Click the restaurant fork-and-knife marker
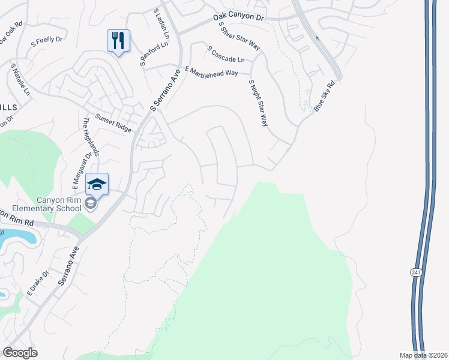click(118, 41)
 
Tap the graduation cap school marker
click(97, 183)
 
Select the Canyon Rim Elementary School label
click(43, 204)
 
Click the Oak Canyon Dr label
click(238, 19)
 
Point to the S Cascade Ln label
click(225, 54)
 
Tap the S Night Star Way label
click(258, 103)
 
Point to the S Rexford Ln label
click(150, 53)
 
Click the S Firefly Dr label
click(45, 40)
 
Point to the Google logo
click(20, 352)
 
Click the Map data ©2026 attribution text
click(422, 355)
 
